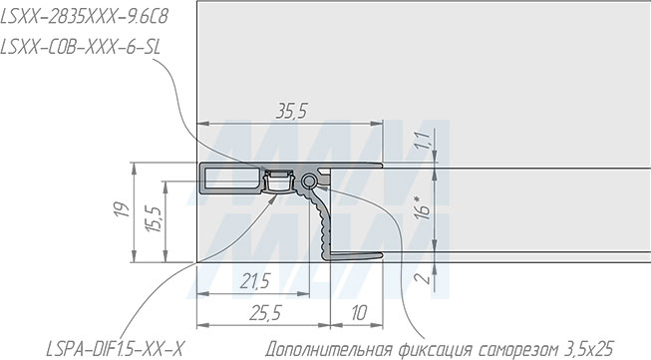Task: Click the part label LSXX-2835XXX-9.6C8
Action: [x=85, y=17]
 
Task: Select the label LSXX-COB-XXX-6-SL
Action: [x=80, y=47]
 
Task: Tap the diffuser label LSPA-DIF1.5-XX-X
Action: [x=115, y=349]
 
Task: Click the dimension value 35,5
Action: [x=291, y=112]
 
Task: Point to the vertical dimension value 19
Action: [x=122, y=209]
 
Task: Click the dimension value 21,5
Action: [x=255, y=281]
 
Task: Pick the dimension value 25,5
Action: [x=266, y=313]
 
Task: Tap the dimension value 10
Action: [x=359, y=313]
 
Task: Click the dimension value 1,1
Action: [x=423, y=141]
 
